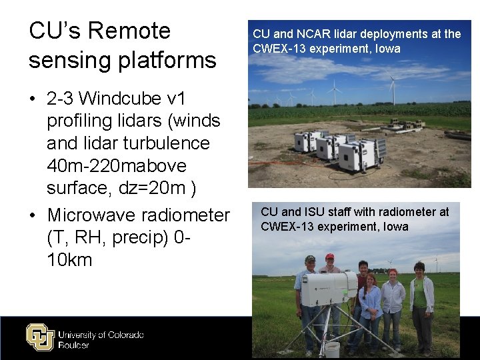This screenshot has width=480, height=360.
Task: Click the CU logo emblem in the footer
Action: pos(39,336)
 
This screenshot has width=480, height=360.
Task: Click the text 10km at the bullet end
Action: pos(69,259)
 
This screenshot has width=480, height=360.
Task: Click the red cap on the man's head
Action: pos(329,256)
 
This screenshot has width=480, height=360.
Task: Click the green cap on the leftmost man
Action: pos(309,258)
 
